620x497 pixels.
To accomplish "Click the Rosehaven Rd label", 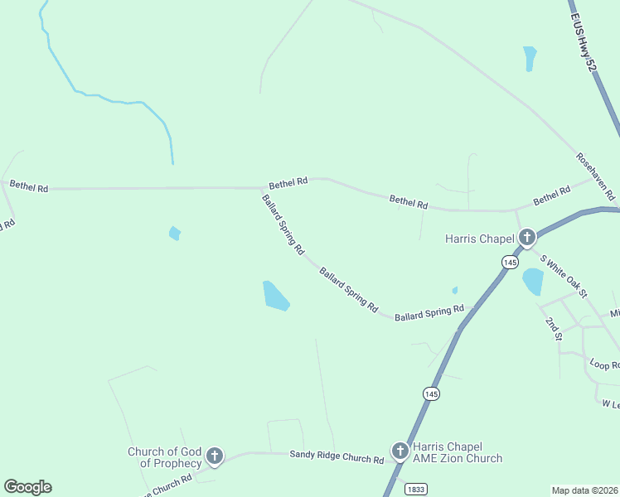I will [x=596, y=176].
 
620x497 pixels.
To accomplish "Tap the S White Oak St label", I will [x=564, y=276].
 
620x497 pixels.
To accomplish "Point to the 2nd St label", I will [x=554, y=328].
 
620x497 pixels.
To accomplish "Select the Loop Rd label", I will [x=603, y=364].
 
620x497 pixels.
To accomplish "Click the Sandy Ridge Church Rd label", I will [x=337, y=457].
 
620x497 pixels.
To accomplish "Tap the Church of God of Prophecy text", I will [x=164, y=457].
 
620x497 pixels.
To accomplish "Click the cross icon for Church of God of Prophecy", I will [x=215, y=456].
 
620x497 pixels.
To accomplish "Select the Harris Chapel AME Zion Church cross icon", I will [x=400, y=451].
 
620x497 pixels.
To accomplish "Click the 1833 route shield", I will [x=416, y=490].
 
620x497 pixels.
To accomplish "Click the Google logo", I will [x=27, y=487].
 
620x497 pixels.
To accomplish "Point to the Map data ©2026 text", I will [x=584, y=490].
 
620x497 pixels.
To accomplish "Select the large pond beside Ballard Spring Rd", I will [x=275, y=296].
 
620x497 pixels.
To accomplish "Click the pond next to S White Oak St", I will [x=532, y=282].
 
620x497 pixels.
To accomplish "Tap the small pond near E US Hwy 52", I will [x=530, y=58].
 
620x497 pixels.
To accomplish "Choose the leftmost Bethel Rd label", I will [x=29, y=187].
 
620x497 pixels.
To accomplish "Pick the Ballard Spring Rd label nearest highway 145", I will [x=429, y=313].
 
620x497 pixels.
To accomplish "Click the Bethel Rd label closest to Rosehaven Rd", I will [x=552, y=195].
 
